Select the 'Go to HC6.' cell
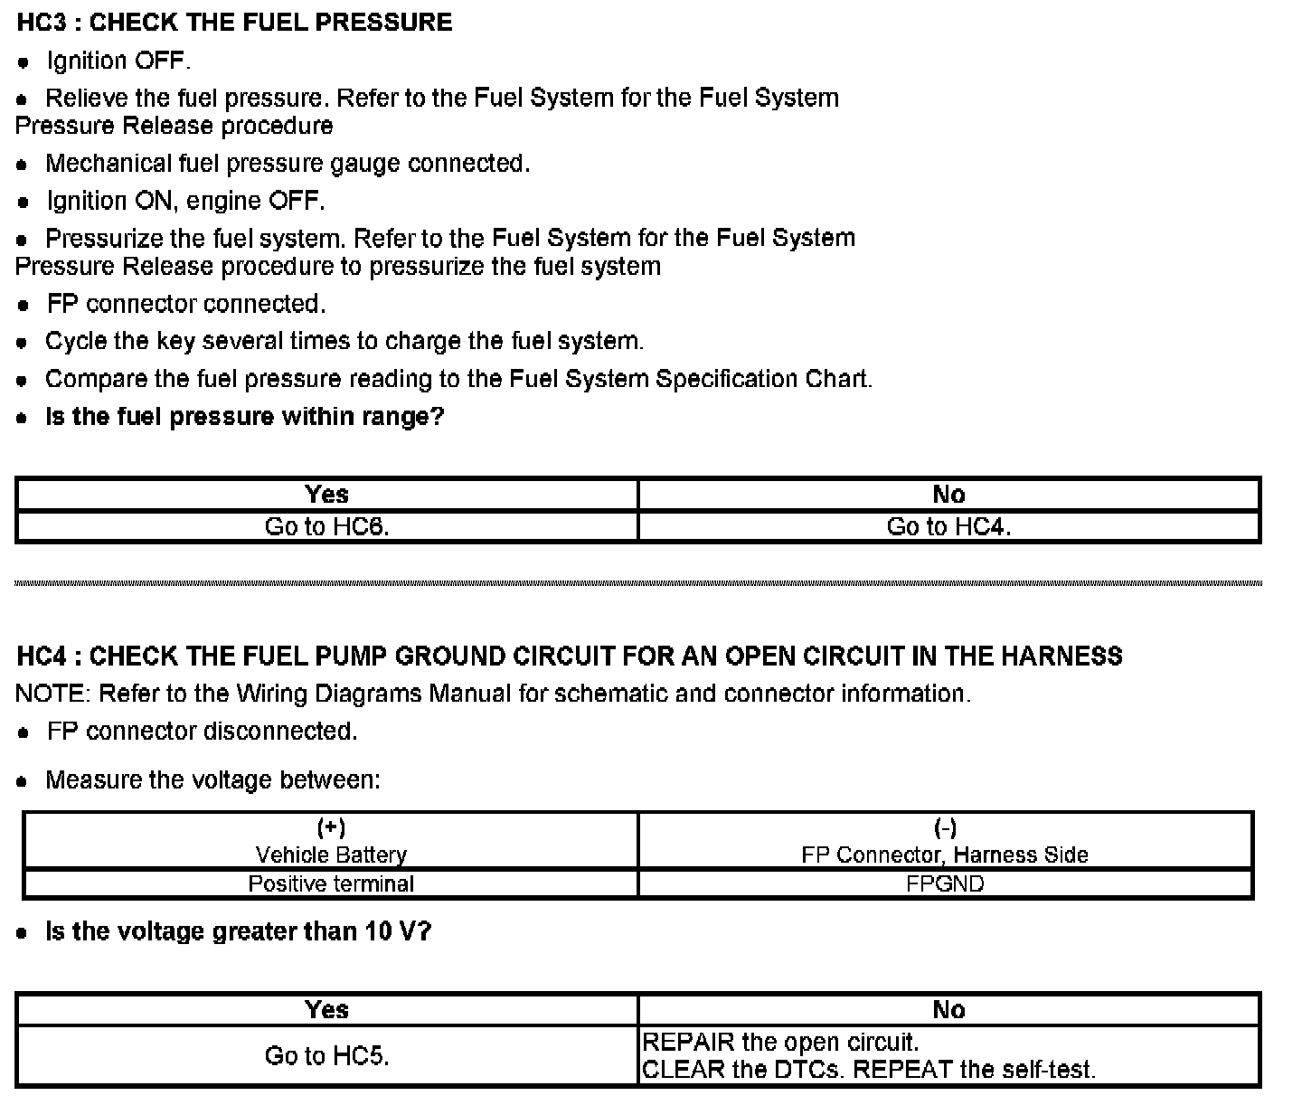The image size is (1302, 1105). tap(326, 527)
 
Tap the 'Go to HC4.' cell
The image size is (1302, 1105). tap(948, 527)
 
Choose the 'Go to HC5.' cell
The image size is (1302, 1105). tap(326, 1055)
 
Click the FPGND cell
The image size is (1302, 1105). tap(945, 884)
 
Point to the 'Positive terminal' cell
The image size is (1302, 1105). tap(331, 884)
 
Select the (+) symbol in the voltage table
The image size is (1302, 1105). tap(331, 827)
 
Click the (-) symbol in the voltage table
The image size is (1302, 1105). tap(945, 827)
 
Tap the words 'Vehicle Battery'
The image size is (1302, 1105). tap(331, 855)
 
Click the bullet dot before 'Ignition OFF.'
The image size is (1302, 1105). tap(25, 62)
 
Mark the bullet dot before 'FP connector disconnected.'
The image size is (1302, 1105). tap(25, 732)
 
